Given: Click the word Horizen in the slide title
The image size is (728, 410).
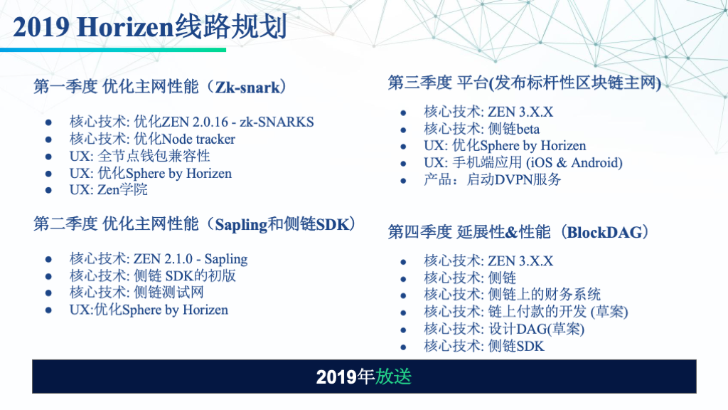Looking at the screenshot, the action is coord(125,26).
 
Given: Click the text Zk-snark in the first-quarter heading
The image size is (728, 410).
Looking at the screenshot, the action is coord(247,87).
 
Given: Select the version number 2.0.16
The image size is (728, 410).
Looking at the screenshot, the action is coord(210,122).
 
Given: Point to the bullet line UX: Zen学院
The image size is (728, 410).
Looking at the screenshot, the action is coord(109,189).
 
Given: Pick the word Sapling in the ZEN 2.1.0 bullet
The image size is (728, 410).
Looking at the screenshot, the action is coord(226,259).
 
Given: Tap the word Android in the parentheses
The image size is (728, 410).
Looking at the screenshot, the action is coord(596,163).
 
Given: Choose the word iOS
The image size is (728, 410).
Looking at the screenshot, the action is coord(541,163).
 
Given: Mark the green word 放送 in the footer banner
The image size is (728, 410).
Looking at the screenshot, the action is coord(393,377).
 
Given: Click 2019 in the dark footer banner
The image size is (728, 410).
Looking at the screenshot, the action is coord(336,377).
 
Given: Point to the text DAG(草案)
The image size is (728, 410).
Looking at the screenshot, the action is coord(550,329).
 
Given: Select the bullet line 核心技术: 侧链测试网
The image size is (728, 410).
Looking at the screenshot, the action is coord(136,293).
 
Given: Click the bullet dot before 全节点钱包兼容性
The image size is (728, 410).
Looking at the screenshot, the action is coord(48,157).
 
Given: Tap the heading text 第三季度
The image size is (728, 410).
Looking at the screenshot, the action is coord(419,83).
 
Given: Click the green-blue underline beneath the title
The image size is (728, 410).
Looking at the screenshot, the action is coord(113,50).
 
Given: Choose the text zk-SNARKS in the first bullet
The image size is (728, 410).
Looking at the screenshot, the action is coord(277,122).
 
